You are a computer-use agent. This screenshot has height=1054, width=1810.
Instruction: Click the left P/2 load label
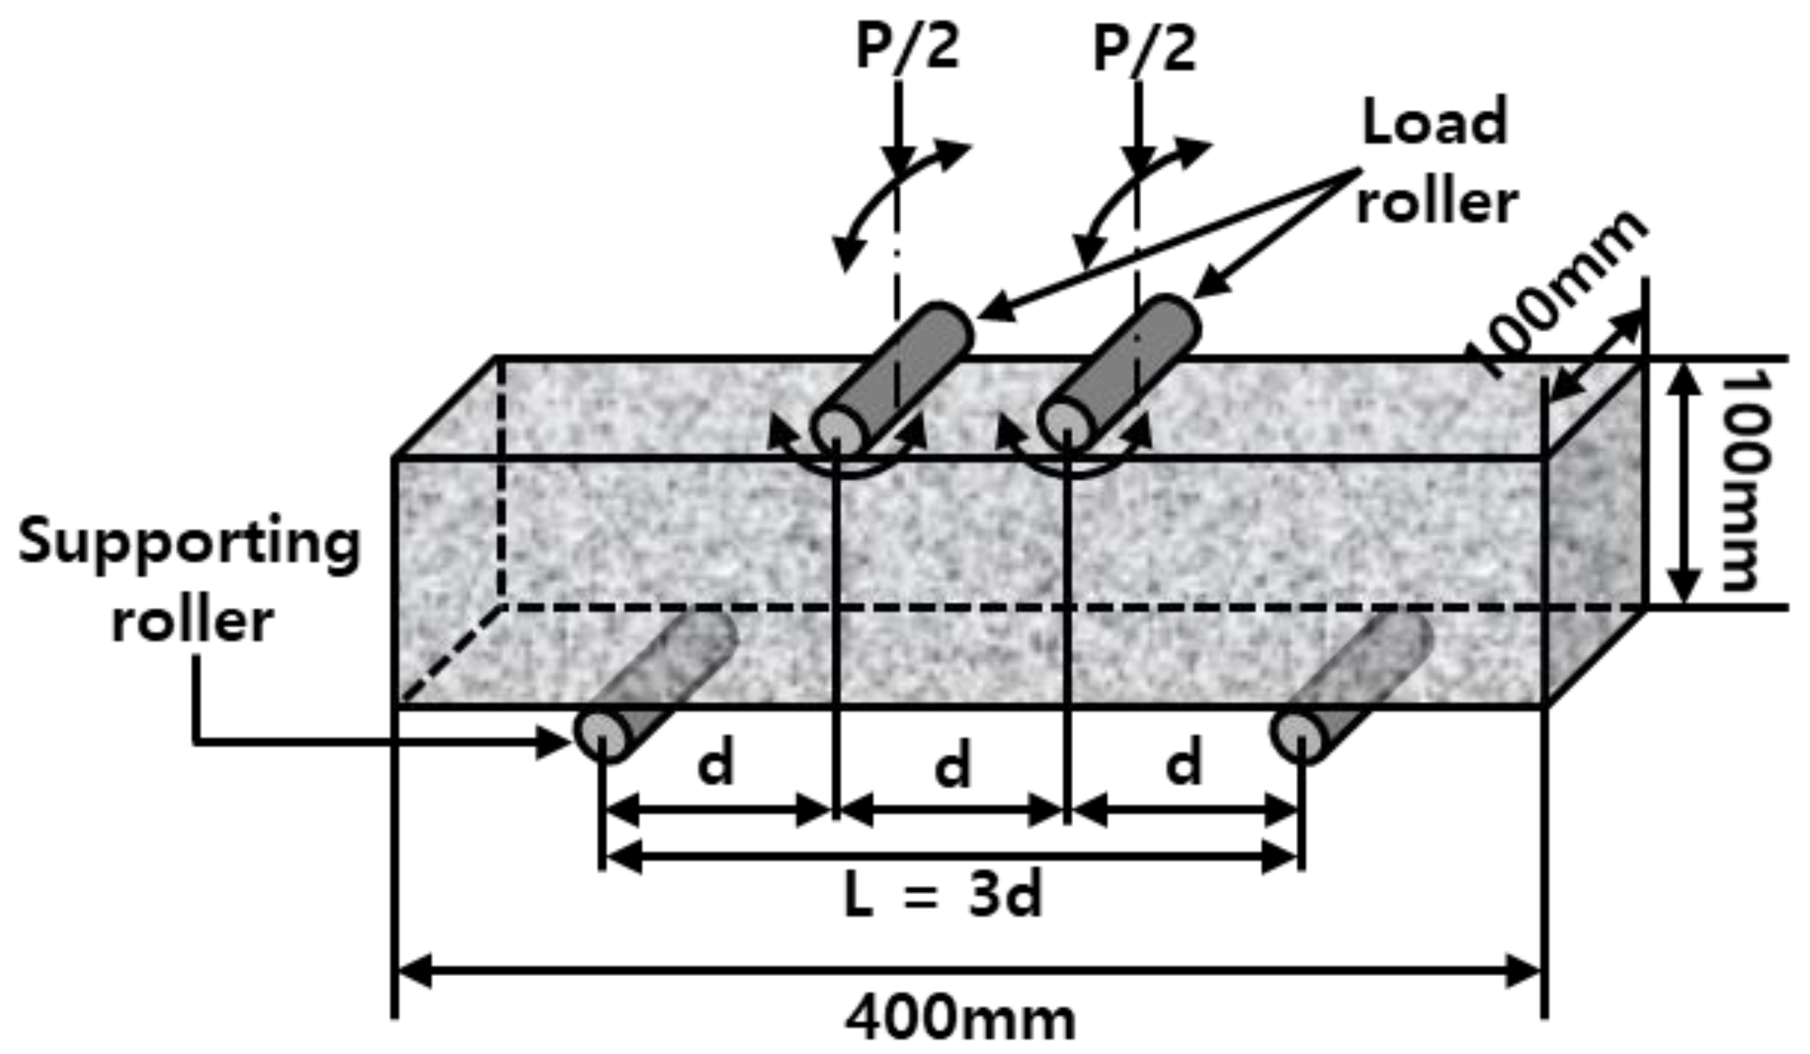(x=907, y=49)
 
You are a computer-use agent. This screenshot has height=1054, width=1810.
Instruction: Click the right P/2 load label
(x=1144, y=49)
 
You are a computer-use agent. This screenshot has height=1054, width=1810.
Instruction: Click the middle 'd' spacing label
(x=952, y=764)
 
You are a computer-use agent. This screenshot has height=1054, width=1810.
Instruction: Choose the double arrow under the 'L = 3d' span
(x=952, y=857)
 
